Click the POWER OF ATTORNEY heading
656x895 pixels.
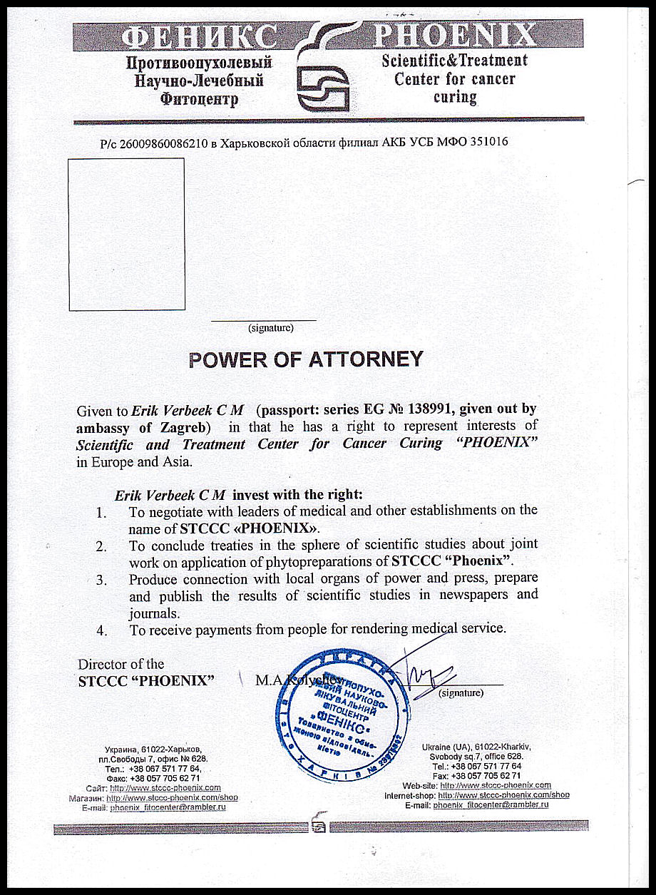pyautogui.click(x=306, y=359)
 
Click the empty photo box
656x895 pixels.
pyautogui.click(x=126, y=234)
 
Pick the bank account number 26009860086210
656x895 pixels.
pyautogui.click(x=163, y=142)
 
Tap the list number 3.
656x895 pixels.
pyautogui.click(x=102, y=579)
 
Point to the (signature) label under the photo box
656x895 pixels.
pyautogui.click(x=270, y=329)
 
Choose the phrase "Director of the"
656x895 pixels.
pyautogui.click(x=121, y=664)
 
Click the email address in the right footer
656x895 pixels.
pyautogui.click(x=491, y=804)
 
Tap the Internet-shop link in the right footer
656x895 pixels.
pyautogui.click(x=503, y=794)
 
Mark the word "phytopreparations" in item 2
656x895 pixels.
pyautogui.click(x=285, y=561)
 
